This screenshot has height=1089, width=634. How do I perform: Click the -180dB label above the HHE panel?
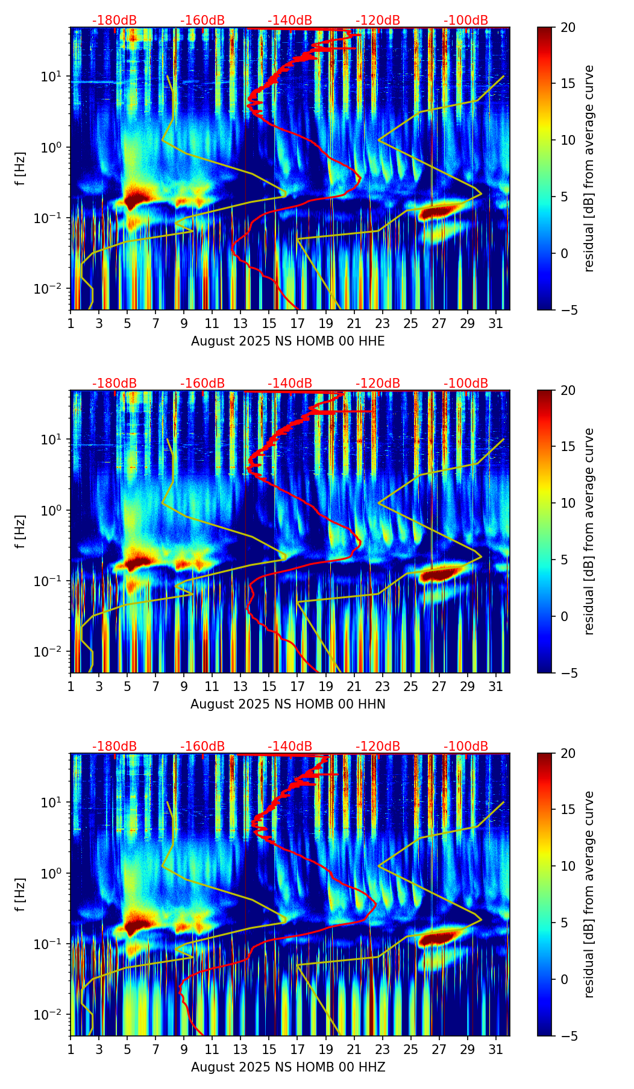point(115,21)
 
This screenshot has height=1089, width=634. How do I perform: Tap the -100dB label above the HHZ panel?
point(466,747)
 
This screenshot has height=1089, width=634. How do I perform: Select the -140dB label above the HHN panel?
point(290,384)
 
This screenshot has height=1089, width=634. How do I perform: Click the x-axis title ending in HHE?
point(287,341)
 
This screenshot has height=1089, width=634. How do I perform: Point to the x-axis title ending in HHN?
point(287,704)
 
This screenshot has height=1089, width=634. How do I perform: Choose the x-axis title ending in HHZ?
point(287,1067)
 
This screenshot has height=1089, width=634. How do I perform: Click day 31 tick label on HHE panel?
point(496,324)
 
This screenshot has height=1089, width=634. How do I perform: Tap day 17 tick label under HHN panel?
point(298,687)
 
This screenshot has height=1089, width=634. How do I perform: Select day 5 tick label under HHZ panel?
point(127,1050)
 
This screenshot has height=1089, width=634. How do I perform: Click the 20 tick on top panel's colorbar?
point(568,27)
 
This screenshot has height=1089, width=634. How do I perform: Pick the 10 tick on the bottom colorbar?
point(568,866)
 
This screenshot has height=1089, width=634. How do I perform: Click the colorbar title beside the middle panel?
point(589,531)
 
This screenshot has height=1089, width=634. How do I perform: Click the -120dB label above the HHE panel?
point(378,21)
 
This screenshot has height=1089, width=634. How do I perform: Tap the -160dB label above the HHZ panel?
point(202,747)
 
